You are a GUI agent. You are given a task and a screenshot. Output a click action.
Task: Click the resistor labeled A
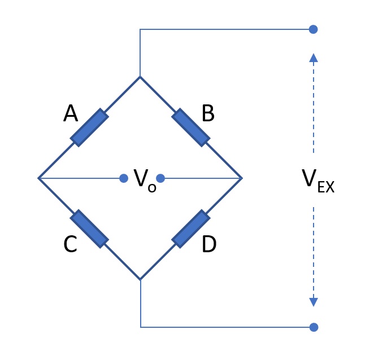(89, 128)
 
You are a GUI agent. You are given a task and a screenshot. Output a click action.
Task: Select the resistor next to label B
(191, 128)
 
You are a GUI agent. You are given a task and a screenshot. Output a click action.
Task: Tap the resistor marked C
(89, 229)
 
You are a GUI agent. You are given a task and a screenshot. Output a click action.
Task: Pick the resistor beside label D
(191, 229)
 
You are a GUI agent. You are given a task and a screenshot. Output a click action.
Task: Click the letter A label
(71, 113)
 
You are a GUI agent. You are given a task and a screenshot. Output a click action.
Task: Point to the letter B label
(208, 113)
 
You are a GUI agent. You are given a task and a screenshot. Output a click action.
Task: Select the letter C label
(71, 244)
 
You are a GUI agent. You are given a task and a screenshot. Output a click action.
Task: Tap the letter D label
(209, 244)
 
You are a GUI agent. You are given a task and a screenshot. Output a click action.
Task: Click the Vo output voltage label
(145, 181)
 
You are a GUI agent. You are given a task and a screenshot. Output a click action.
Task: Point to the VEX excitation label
(318, 181)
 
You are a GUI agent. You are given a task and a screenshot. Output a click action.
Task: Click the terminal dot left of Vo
(124, 178)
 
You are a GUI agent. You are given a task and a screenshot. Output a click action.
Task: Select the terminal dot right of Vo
(160, 178)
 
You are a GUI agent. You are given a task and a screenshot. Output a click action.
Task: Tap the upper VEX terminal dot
(313, 29)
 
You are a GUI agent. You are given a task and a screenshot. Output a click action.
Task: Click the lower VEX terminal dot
(314, 327)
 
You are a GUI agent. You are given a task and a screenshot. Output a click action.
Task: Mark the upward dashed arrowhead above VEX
(314, 58)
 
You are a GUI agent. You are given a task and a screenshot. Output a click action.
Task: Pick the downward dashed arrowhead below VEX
(314, 302)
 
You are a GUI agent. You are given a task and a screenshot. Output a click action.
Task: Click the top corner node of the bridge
(140, 77)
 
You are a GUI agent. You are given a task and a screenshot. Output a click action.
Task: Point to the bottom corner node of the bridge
(140, 279)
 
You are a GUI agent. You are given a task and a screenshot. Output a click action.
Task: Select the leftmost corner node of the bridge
(38, 178)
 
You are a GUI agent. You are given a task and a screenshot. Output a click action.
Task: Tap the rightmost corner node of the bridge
(242, 178)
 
